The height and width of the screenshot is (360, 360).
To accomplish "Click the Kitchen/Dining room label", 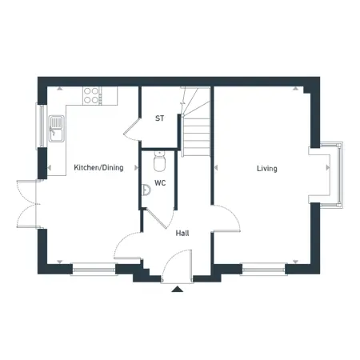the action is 98,168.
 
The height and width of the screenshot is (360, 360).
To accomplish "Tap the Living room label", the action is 267,169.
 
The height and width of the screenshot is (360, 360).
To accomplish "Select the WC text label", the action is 160,183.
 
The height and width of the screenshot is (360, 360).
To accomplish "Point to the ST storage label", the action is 159,118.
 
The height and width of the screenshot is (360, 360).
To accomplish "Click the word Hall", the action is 182,234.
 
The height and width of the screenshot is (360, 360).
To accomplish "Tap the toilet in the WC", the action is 159,161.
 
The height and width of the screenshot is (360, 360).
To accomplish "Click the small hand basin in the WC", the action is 146,190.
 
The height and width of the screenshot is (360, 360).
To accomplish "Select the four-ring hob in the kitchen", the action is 91,95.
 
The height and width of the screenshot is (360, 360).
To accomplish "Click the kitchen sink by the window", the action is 57,129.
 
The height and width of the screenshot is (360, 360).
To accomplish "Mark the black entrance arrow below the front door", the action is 177,290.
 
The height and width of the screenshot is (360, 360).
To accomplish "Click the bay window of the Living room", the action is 331,175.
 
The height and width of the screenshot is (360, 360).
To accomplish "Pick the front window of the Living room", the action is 263,270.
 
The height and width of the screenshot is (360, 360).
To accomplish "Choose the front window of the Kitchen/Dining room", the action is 94,270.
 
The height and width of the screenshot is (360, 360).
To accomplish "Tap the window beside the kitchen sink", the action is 42,126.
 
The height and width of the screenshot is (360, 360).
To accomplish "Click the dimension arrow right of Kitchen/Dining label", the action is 136,167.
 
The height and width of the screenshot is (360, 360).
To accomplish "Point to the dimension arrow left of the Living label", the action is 216,168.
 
